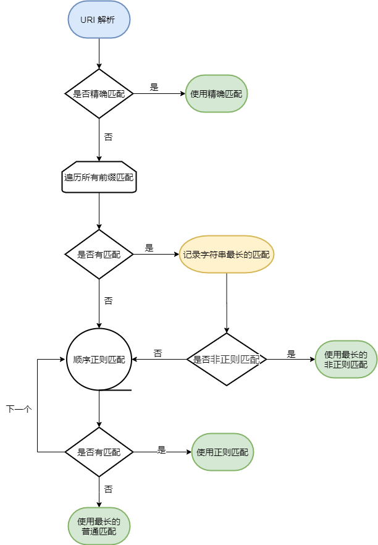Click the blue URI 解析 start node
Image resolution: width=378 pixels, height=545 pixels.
pyautogui.click(x=99, y=20)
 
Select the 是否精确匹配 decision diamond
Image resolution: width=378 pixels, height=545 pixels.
pyautogui.click(x=99, y=94)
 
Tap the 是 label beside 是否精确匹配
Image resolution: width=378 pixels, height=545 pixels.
pyautogui.click(x=154, y=87)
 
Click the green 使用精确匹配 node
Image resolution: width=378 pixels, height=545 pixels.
pyautogui.click(x=216, y=94)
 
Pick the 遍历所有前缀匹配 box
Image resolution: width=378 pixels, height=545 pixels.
pyautogui.click(x=99, y=177)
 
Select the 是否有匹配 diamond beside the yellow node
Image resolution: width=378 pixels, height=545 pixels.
pyautogui.click(x=99, y=254)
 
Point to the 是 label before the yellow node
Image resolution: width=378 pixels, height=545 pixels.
pyautogui.click(x=149, y=248)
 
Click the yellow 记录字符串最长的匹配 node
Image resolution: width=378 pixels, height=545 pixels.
pyautogui.click(x=227, y=254)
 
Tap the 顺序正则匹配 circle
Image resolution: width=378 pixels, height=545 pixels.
pyautogui.click(x=99, y=360)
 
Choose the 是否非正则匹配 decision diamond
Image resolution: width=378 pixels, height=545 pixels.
pyautogui.click(x=227, y=360)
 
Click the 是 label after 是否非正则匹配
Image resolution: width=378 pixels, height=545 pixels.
pyautogui.click(x=292, y=354)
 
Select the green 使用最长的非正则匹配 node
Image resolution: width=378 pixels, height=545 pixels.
pyautogui.click(x=346, y=360)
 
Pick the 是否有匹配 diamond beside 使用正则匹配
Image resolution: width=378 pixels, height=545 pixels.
pyautogui.click(x=99, y=452)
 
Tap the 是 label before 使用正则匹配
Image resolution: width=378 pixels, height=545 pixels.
pyautogui.click(x=162, y=450)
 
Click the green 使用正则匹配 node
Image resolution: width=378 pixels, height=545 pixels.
pyautogui.click(x=222, y=452)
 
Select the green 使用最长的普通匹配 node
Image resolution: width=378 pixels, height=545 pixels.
pyautogui.click(x=99, y=526)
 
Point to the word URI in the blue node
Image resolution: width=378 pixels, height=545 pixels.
pyautogui.click(x=88, y=20)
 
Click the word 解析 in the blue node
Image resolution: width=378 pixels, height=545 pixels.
pyautogui.click(x=106, y=20)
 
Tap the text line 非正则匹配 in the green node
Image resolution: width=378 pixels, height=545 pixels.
pyautogui.click(x=346, y=365)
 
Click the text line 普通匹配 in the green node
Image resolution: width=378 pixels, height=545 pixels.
pyautogui.click(x=99, y=531)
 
